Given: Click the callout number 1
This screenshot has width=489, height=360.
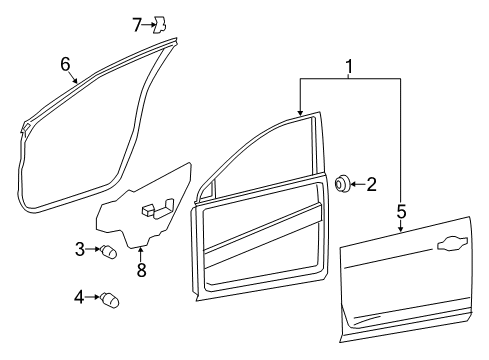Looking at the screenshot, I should (349, 67).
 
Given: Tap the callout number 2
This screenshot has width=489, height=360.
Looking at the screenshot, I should (371, 183).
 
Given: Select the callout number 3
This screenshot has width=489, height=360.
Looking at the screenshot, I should (80, 248).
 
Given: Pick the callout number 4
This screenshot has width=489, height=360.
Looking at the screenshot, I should (80, 295).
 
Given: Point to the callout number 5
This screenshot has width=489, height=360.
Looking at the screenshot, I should (400, 211).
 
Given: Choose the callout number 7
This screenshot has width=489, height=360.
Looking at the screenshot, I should (138, 24).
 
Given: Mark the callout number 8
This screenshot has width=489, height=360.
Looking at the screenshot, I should (141, 269).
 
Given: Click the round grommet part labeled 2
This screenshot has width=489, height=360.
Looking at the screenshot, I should (343, 183).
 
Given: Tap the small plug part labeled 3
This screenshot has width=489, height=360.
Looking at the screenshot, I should (109, 251).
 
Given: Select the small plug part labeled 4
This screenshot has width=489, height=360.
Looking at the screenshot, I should (109, 298).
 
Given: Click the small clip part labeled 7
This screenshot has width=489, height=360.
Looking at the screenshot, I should (159, 24).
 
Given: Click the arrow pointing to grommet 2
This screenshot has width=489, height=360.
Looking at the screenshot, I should (358, 183).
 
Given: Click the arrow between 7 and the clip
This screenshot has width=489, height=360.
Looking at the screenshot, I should (148, 24).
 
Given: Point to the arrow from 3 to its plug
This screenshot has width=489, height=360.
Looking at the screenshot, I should (93, 249).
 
